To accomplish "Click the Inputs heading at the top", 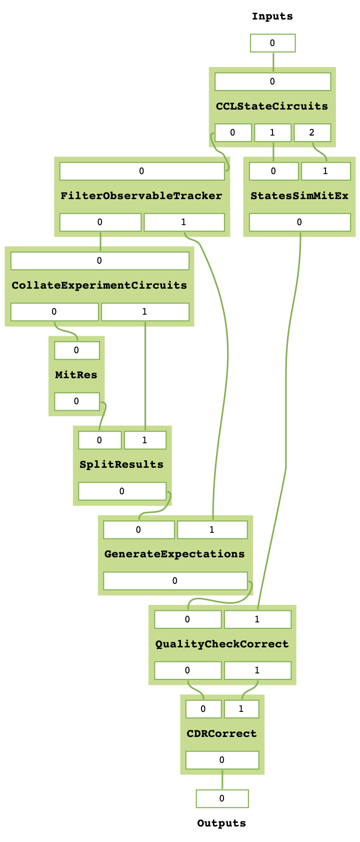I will click(x=272, y=17).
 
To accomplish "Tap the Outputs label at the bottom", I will click(x=221, y=823).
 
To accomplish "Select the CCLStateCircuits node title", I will click(x=272, y=106).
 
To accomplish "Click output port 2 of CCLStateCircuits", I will click(x=312, y=133).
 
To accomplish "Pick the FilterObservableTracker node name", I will click(x=141, y=196).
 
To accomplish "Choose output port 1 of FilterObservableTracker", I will click(x=184, y=222).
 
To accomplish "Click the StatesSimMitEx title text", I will click(x=299, y=196).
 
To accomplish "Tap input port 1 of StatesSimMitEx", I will click(x=325, y=171).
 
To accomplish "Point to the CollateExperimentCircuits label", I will click(x=99, y=285).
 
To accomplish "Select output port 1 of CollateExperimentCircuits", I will click(x=145, y=312).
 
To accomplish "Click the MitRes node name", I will click(x=76, y=375).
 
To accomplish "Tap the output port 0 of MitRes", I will click(x=76, y=401).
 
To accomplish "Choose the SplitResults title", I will click(x=121, y=464).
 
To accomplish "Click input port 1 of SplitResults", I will click(x=145, y=440).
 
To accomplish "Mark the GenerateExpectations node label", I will click(x=174, y=554).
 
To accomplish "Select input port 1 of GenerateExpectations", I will click(x=212, y=530).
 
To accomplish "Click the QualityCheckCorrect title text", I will click(x=222, y=644).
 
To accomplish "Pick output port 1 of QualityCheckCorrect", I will click(x=257, y=670).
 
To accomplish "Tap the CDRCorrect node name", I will click(x=221, y=733).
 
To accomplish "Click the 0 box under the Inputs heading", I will click(x=272, y=43).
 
